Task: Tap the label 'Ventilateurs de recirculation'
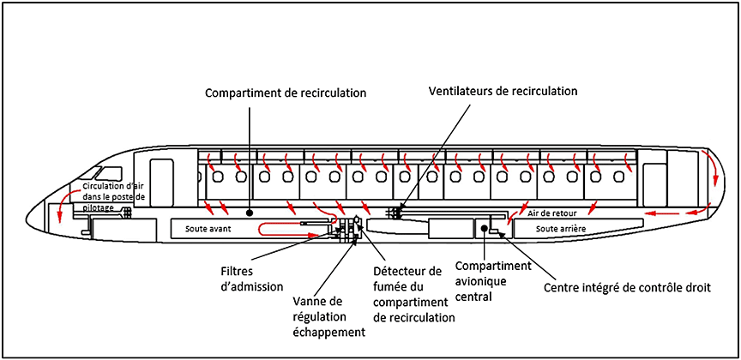pyautogui.click(x=503, y=90)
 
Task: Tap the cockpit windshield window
pyautogui.click(x=111, y=173)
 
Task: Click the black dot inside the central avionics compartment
pyautogui.click(x=485, y=228)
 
